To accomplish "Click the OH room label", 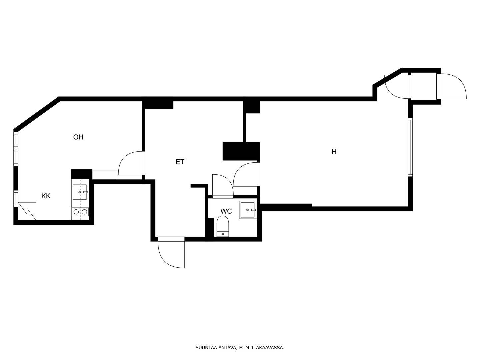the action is [x=78, y=137].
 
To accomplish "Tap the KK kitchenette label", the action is [x=46, y=196].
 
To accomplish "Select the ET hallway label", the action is [x=180, y=162].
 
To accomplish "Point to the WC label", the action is [x=226, y=211].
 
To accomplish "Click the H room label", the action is [x=334, y=151].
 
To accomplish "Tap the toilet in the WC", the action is [x=223, y=226].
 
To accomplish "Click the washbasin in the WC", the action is [x=248, y=210].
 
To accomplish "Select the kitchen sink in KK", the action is [x=80, y=192].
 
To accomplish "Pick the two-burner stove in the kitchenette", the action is [x=80, y=212].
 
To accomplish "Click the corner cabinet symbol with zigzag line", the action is [x=27, y=211].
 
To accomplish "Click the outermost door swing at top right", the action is [x=451, y=86].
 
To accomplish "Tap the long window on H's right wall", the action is [x=410, y=147].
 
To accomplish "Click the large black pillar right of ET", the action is [x=241, y=151].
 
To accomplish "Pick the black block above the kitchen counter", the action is [x=82, y=174].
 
